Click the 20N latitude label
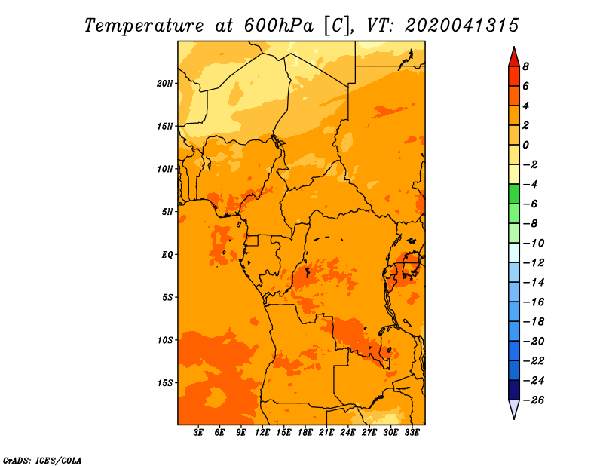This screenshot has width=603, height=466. [x=165, y=83]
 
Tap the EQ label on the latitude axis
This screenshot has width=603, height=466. [x=167, y=254]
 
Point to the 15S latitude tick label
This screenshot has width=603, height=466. [x=165, y=383]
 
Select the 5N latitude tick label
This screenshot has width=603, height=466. [x=167, y=212]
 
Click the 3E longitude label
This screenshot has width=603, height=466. [x=198, y=433]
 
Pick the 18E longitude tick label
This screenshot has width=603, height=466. [x=305, y=433]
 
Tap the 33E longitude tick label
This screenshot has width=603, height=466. [x=412, y=433]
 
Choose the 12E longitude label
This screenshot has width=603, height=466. [x=262, y=433]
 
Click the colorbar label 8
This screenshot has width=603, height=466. [x=525, y=66]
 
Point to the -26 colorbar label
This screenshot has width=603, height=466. [x=534, y=400]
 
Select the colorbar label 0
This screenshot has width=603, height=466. [x=525, y=145]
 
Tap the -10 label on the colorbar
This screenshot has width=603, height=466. [x=534, y=243]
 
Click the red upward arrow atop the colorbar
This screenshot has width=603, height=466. [x=514, y=57]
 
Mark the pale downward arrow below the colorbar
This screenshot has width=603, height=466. [x=514, y=409]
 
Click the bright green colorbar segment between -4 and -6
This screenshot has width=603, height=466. [x=514, y=194]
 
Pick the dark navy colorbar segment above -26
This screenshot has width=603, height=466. [x=514, y=390]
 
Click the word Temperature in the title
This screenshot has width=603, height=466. [x=144, y=26]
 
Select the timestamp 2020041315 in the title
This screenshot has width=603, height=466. [x=462, y=26]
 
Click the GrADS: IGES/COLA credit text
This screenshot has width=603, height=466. [x=42, y=460]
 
